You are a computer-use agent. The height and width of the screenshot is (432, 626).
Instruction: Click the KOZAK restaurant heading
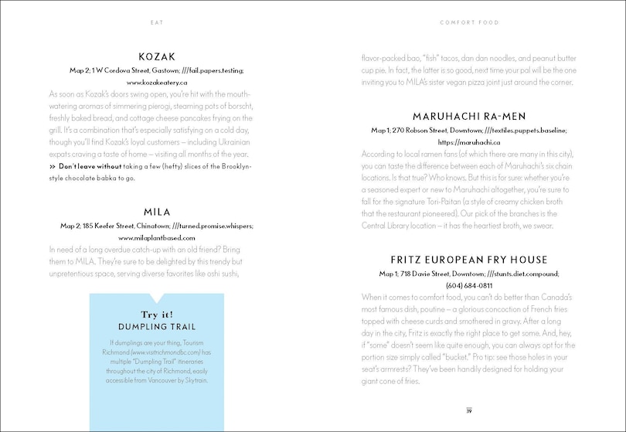157,56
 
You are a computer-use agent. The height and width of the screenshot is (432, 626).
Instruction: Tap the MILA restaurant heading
157,211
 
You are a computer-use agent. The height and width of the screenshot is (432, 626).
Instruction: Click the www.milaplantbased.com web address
157,238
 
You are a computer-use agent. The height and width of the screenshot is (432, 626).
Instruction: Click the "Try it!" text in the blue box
157,314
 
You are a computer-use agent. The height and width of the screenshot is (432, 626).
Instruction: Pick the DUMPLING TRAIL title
157,326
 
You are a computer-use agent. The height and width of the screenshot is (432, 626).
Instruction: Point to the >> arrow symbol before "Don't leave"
53,166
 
